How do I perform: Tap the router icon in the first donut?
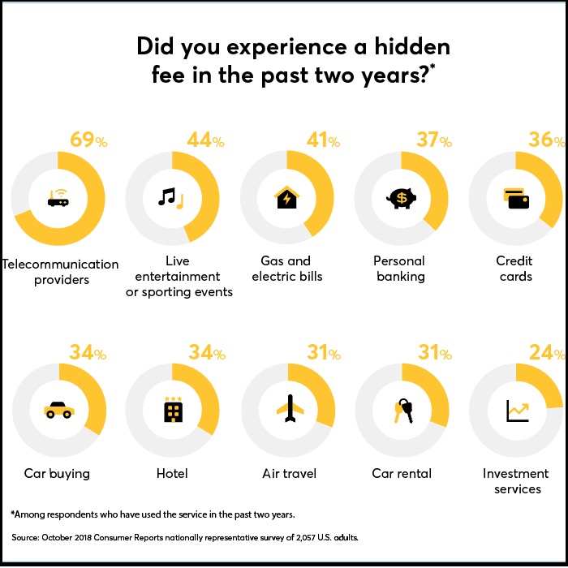click(57, 197)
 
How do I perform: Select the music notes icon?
click(171, 197)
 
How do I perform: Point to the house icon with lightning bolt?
click(286, 197)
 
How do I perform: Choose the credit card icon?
click(515, 197)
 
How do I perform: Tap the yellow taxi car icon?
click(57, 411)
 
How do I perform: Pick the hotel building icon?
click(171, 411)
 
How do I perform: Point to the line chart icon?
click(516, 411)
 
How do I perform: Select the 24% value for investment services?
click(547, 352)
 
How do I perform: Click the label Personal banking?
click(400, 269)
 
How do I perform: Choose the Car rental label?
click(401, 473)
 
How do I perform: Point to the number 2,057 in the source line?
click(296, 538)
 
